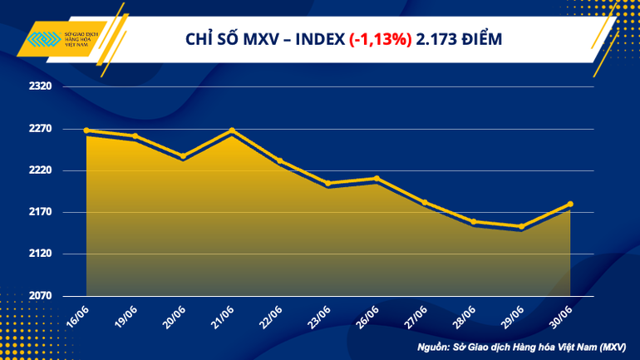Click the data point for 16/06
(86, 131)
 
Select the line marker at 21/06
(232, 131)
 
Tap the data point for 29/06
(521, 226)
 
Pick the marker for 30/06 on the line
(570, 204)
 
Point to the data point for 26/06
(377, 178)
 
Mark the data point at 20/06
(183, 155)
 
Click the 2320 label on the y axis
(40, 86)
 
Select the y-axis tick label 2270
(40, 129)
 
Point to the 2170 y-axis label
(40, 212)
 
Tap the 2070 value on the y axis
(40, 296)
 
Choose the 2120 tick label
(40, 254)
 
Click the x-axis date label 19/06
(125, 315)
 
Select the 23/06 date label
(319, 315)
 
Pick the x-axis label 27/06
(416, 315)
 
